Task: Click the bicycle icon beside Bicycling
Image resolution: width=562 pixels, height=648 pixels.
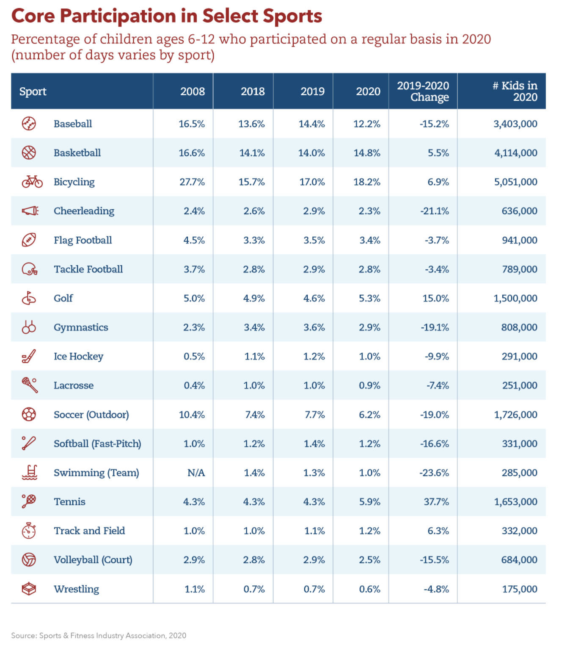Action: [x=32, y=182]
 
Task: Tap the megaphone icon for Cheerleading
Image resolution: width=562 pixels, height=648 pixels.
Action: [x=30, y=210]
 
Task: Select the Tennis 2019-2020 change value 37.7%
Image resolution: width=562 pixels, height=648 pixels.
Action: [x=436, y=502]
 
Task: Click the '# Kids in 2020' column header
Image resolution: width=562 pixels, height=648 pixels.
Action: [x=515, y=91]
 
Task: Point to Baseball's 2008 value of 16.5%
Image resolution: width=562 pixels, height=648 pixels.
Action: [x=191, y=124]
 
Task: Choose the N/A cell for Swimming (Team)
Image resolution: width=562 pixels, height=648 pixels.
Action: [x=196, y=473]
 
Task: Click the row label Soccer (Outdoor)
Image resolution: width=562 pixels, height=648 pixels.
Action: [x=91, y=415]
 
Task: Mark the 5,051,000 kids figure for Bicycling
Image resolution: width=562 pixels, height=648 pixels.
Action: [x=515, y=182]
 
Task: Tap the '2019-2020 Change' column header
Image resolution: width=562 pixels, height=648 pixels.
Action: [x=423, y=91]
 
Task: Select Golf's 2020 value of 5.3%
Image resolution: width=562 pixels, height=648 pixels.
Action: [x=369, y=298]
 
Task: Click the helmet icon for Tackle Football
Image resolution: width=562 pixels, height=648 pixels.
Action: [x=30, y=269]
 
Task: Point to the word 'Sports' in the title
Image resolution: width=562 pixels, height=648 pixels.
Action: [x=292, y=16]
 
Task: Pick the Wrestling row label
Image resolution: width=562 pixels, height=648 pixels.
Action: [x=76, y=589]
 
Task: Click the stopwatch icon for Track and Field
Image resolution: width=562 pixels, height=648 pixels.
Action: [x=29, y=531]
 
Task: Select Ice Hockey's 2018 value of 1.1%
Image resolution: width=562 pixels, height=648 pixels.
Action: [x=254, y=356]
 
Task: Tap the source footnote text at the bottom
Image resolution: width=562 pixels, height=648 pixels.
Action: [x=99, y=636]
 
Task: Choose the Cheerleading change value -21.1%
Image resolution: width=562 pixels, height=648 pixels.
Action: [x=435, y=211]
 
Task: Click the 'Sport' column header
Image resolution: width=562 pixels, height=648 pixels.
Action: [x=33, y=91]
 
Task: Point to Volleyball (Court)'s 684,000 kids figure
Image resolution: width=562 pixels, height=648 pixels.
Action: [x=519, y=559]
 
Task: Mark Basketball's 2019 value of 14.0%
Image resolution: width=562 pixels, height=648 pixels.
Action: [x=311, y=153]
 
